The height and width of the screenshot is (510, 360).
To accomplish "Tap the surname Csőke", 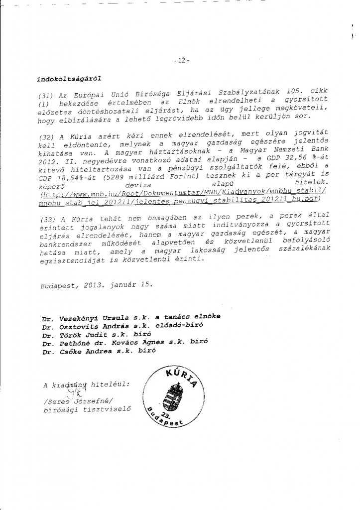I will [70, 351].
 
